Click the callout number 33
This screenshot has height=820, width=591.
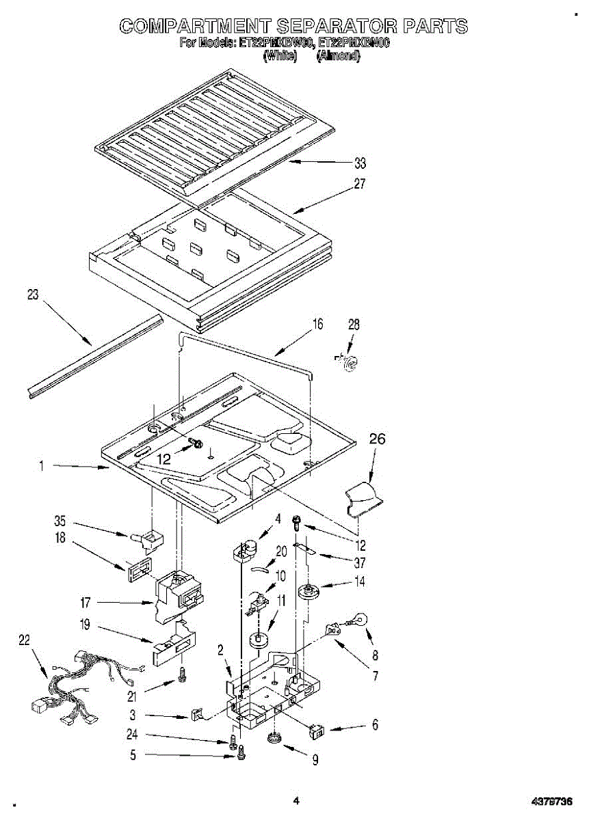(360, 163)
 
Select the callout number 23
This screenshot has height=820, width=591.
(33, 295)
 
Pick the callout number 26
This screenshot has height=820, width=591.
(377, 439)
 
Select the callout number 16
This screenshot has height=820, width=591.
(317, 325)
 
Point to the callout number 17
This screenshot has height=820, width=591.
(85, 603)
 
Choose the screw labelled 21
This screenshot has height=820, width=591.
(183, 674)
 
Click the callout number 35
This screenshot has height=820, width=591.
(60, 520)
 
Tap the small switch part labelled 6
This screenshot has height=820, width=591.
(317, 732)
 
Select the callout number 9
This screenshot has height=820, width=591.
(315, 760)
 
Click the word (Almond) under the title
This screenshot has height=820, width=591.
(339, 56)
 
